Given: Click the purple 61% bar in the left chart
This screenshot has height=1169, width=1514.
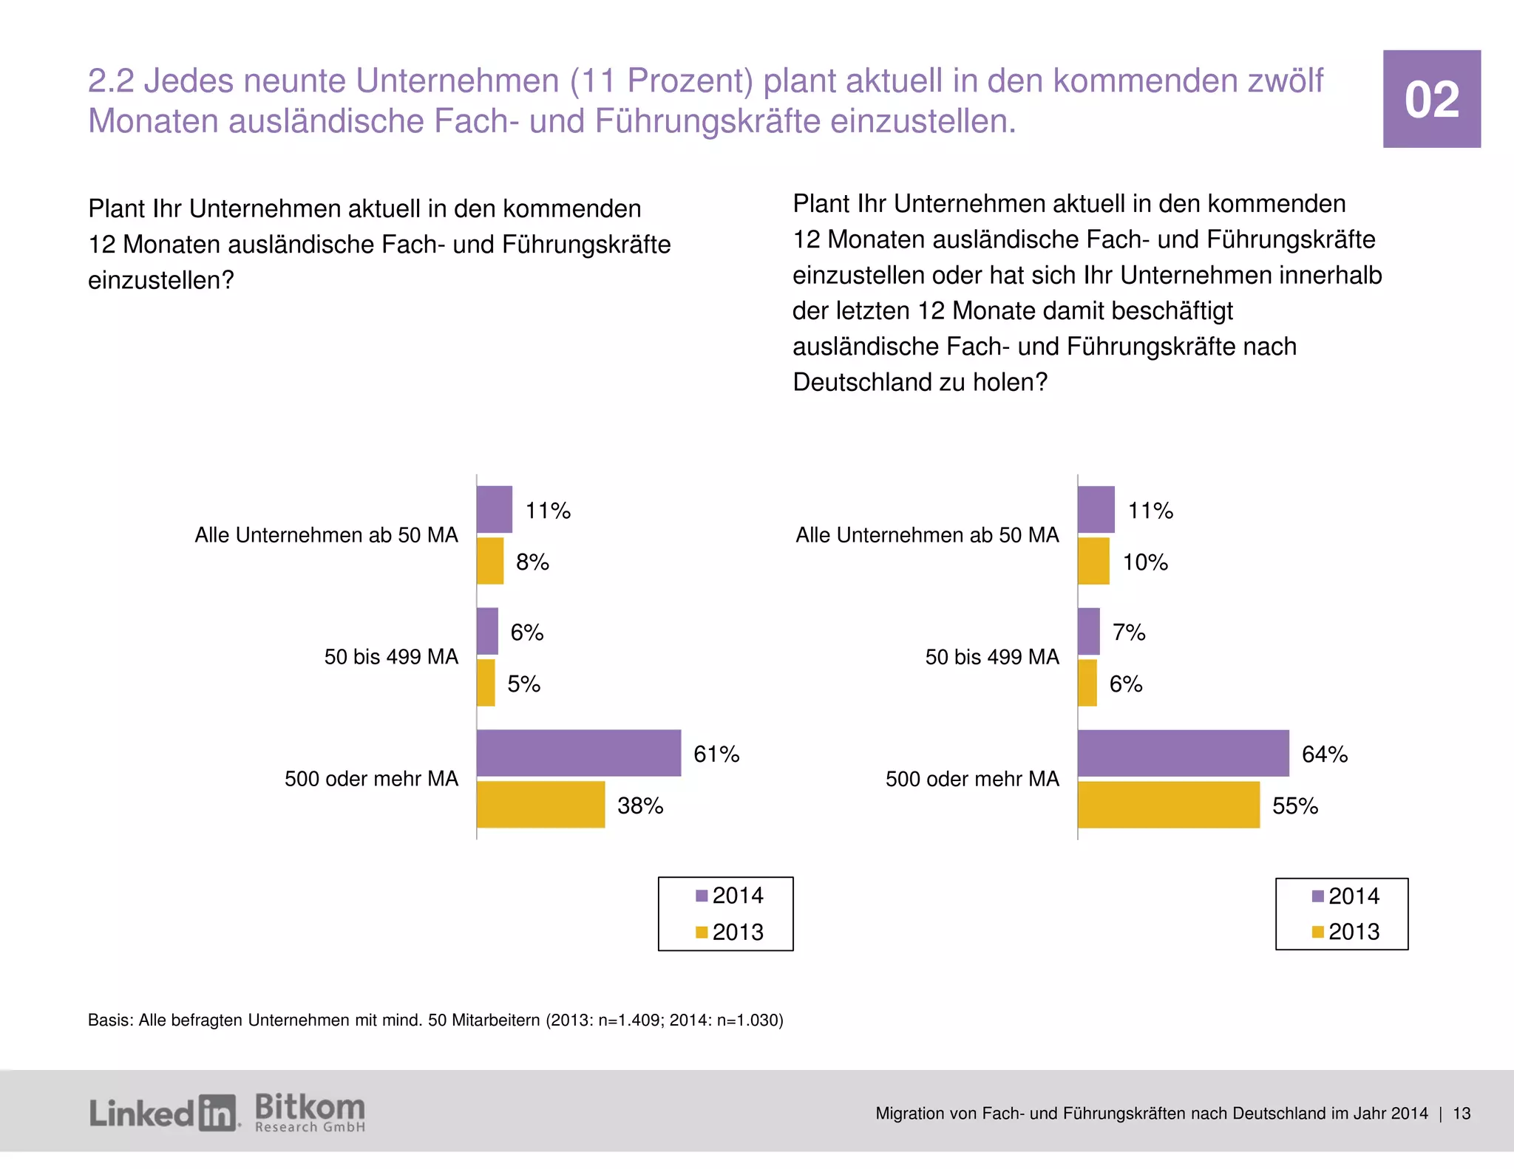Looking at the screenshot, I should pyautogui.click(x=578, y=753).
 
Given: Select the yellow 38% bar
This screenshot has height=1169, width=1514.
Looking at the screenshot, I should pyautogui.click(x=540, y=805).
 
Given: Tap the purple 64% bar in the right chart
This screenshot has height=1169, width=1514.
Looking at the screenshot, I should pyautogui.click(x=1183, y=753).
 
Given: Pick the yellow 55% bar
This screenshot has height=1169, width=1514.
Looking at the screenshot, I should pyautogui.click(x=1168, y=805).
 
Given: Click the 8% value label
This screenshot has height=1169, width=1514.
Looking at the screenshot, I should pyautogui.click(x=532, y=562).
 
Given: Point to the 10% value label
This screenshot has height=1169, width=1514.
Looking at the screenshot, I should pyautogui.click(x=1145, y=562).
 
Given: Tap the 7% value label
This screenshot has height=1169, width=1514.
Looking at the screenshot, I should pyautogui.click(x=1129, y=633).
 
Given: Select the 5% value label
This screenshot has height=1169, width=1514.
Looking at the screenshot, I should pyautogui.click(x=523, y=684).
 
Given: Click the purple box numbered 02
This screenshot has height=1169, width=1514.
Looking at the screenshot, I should pyautogui.click(x=1431, y=99).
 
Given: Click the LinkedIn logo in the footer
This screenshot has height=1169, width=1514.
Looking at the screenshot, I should pyautogui.click(x=164, y=1113).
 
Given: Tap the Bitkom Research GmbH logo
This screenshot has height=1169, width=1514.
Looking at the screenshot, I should pyautogui.click(x=310, y=1112).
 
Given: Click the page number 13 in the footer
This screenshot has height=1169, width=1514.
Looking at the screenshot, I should pyautogui.click(x=1462, y=1114).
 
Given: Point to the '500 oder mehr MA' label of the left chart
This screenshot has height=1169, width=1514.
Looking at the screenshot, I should pyautogui.click(x=371, y=779).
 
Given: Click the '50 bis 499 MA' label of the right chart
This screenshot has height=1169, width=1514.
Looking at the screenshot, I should pyautogui.click(x=992, y=657).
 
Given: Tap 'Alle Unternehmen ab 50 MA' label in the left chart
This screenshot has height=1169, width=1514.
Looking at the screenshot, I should pyautogui.click(x=326, y=535).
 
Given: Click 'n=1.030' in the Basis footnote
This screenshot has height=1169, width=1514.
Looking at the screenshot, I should pyautogui.click(x=748, y=1020).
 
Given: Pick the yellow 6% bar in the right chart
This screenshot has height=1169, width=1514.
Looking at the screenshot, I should pyautogui.click(x=1087, y=683).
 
